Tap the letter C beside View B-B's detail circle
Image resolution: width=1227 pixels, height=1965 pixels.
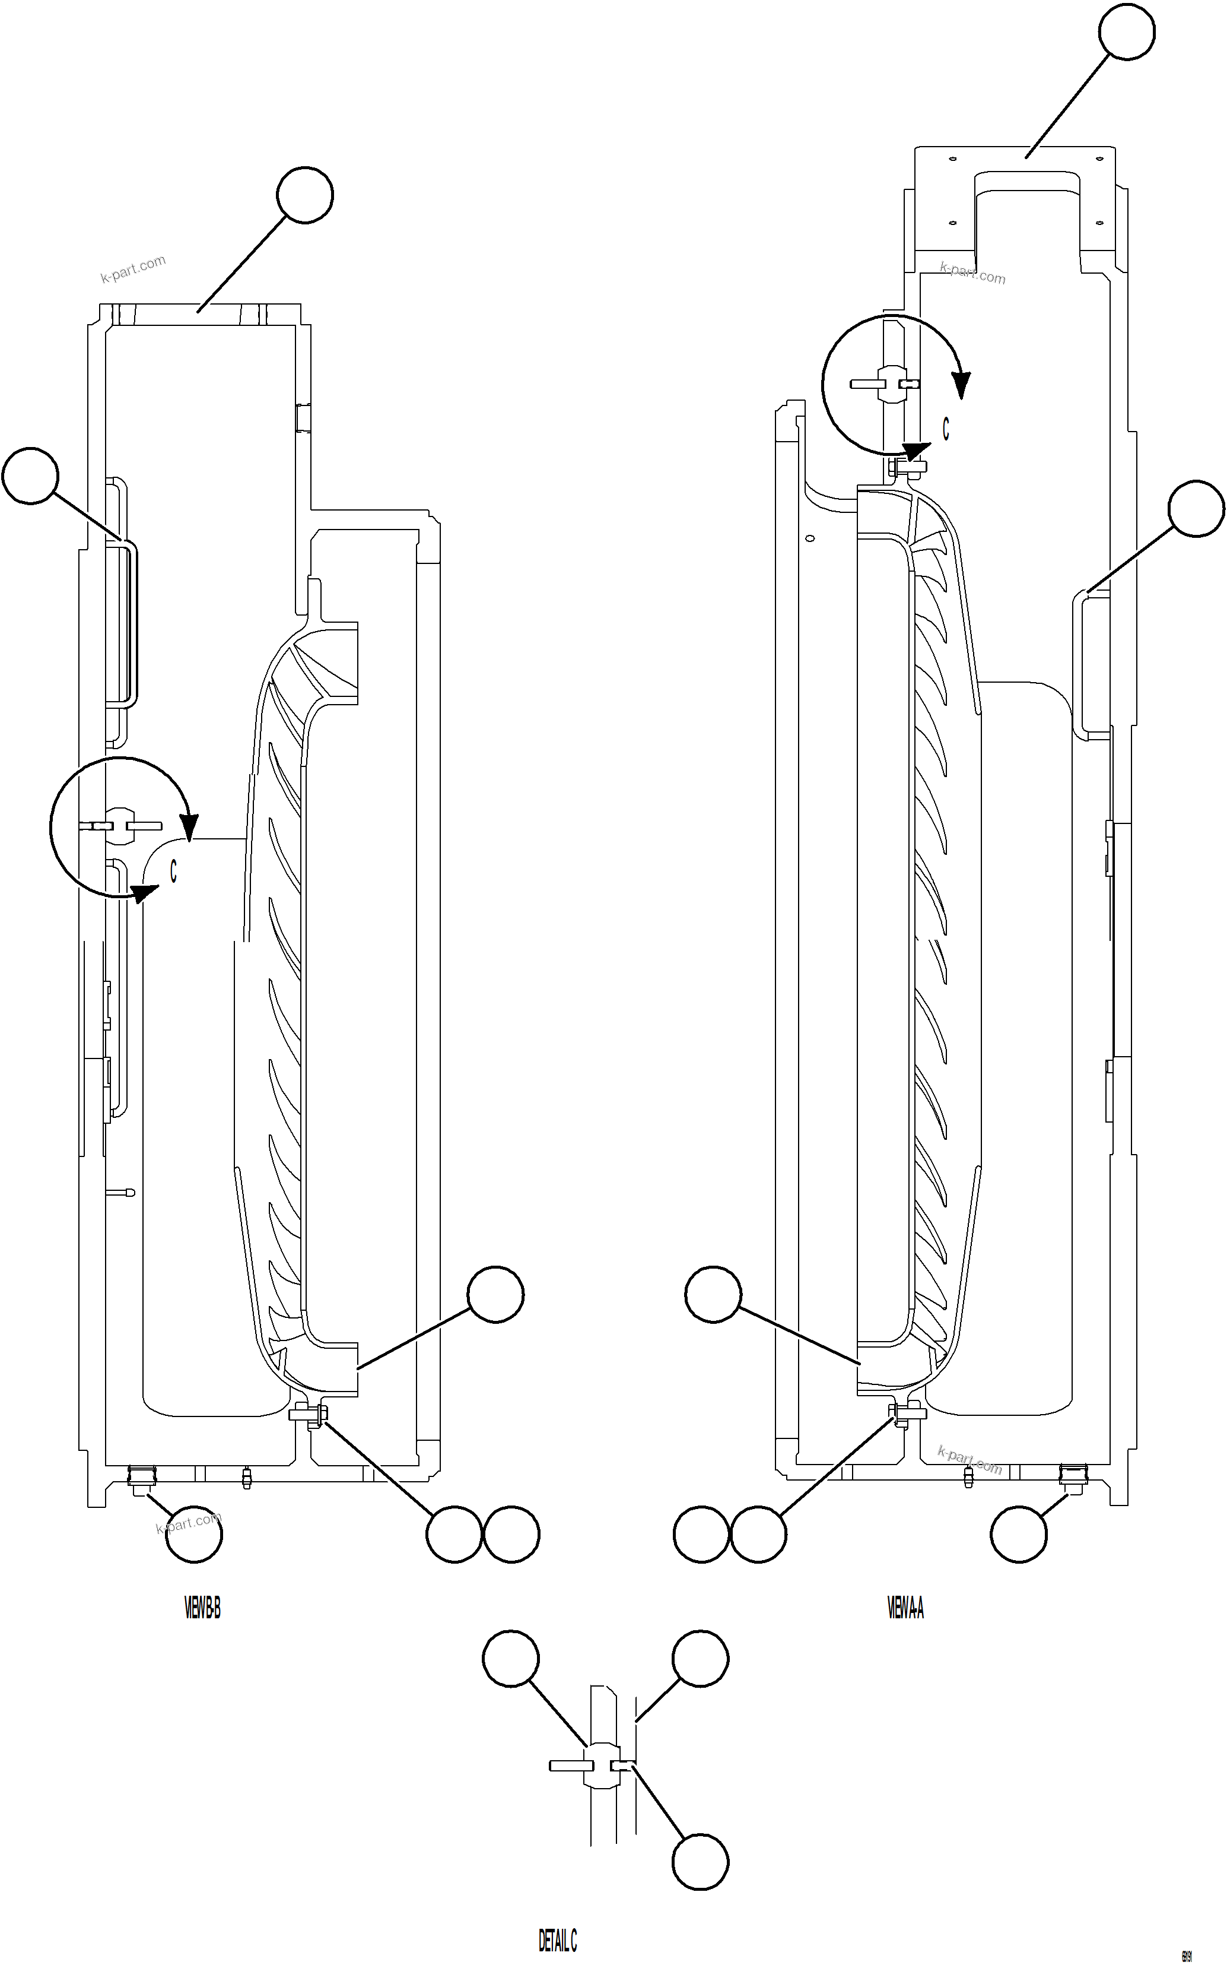point(173,871)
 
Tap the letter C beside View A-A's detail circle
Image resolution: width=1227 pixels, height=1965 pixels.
point(945,429)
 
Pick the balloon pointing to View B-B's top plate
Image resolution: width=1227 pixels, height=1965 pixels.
point(304,195)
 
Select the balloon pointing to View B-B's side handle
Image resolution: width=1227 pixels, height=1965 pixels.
point(31,475)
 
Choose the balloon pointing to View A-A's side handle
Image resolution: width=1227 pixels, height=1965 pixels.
point(1196,509)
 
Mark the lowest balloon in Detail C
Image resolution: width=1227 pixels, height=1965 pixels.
point(700,1862)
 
